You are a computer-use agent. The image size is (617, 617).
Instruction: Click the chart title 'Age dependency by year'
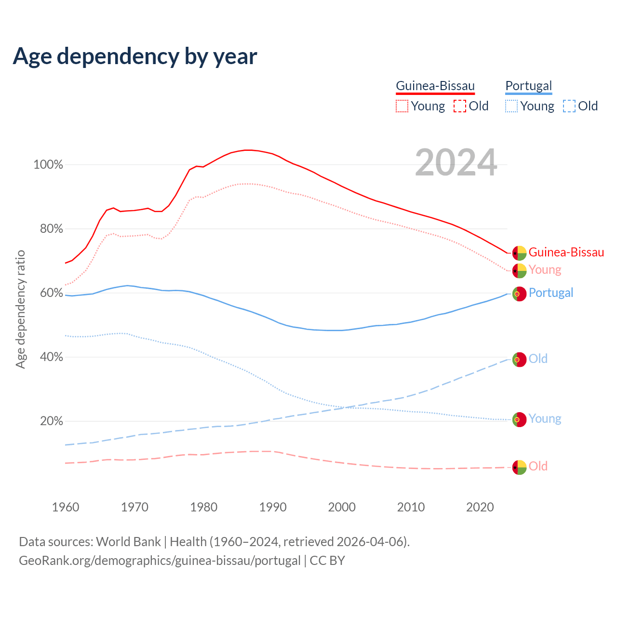tap(135, 56)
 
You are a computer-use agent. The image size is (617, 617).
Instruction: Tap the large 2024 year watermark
tap(456, 163)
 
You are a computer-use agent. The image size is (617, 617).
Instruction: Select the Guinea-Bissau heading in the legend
tap(435, 86)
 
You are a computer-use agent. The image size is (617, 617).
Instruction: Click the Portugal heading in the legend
tap(528, 86)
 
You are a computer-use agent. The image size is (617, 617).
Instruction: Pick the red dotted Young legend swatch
tap(402, 106)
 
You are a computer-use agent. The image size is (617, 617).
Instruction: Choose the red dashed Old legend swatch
tap(460, 106)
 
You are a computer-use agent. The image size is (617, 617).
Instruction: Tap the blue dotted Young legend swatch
tap(511, 106)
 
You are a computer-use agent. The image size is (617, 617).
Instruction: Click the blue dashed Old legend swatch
tap(569, 106)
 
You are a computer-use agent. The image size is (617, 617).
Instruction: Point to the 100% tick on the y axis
tap(48, 165)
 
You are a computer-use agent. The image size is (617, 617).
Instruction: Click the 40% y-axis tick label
tap(51, 357)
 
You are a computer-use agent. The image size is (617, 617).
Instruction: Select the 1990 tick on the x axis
tap(273, 507)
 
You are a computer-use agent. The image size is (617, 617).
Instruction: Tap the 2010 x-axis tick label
tap(411, 507)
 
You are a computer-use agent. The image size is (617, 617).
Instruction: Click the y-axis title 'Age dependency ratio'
tap(20, 309)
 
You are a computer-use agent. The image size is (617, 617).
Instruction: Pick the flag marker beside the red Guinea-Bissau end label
tap(519, 253)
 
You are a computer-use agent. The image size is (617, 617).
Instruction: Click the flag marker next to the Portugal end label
tap(519, 294)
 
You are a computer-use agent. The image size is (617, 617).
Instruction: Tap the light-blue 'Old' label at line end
tap(538, 359)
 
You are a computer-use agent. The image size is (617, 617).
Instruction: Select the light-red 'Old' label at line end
tap(538, 466)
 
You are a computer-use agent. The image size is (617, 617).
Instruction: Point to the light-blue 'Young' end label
tap(545, 418)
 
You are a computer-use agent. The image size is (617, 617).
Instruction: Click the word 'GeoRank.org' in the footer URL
tap(51, 561)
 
